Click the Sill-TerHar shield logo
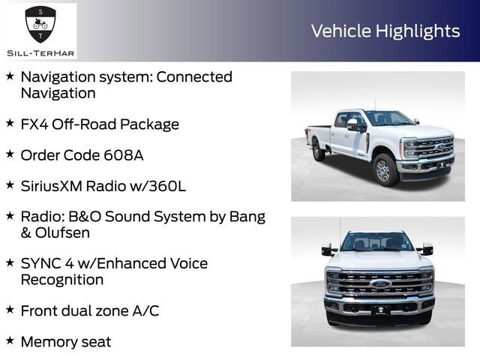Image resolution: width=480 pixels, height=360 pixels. [39, 25]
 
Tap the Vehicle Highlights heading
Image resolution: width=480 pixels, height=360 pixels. [385, 31]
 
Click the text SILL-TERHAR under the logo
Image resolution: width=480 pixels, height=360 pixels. [39, 52]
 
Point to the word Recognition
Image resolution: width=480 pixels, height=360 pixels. [62, 280]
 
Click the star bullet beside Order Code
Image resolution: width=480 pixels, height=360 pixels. [10, 154]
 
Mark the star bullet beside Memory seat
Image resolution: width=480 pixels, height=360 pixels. [10, 340]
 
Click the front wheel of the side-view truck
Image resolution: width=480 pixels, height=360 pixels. [385, 169]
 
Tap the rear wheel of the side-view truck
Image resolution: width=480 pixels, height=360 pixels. [319, 150]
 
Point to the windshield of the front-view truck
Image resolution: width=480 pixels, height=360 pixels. [377, 241]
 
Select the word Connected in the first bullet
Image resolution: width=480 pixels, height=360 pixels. [194, 77]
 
